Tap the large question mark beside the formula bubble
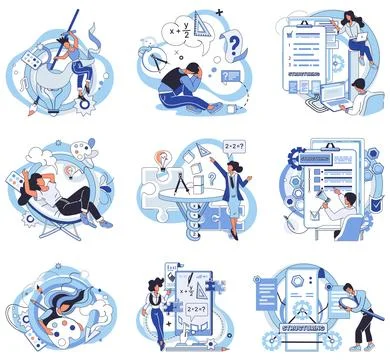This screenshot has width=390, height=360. tap(234, 45)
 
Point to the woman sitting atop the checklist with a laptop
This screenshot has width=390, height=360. tap(351, 34)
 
